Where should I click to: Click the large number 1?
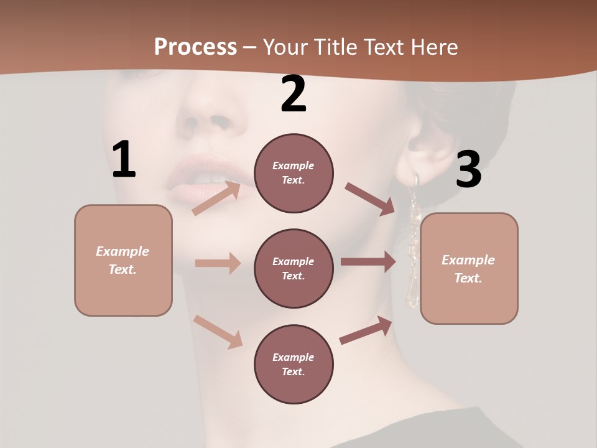pyautogui.click(x=124, y=159)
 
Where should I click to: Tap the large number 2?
pyautogui.click(x=294, y=95)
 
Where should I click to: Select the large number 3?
pyautogui.click(x=468, y=169)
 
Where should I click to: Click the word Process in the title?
pyautogui.click(x=195, y=47)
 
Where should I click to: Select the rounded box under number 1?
pyautogui.click(x=123, y=260)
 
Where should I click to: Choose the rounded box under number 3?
pyautogui.click(x=469, y=269)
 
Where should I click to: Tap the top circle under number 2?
pyautogui.click(x=294, y=173)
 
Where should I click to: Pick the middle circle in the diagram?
pyautogui.click(x=294, y=269)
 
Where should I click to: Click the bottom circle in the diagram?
pyautogui.click(x=294, y=365)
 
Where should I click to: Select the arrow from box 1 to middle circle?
pyautogui.click(x=218, y=263)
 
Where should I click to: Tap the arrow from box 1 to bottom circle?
pyautogui.click(x=218, y=332)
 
